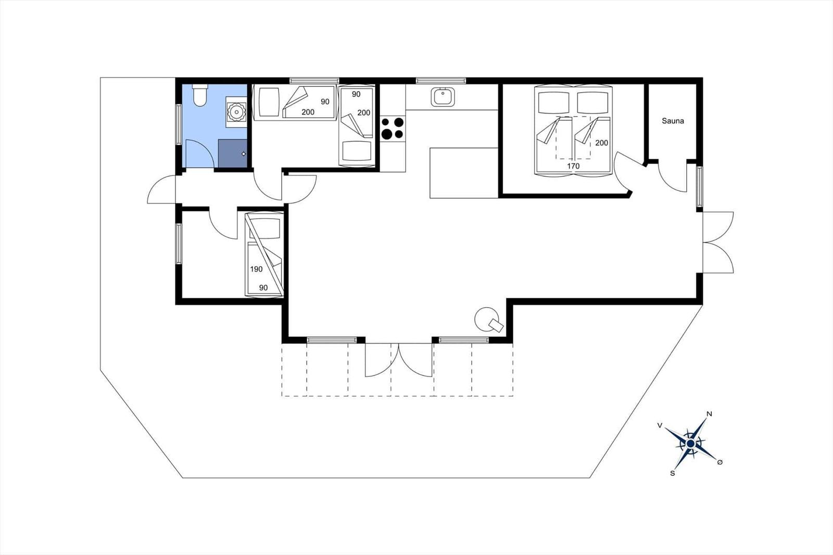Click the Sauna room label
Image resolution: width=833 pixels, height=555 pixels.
click(x=673, y=121)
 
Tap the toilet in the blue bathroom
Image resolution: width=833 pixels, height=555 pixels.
click(x=200, y=95)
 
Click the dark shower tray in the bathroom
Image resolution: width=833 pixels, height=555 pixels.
click(x=233, y=153)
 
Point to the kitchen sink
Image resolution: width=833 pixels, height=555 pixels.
click(x=443, y=97)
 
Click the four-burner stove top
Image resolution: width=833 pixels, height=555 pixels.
click(x=393, y=128)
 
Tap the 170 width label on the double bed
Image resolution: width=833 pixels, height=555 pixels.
click(x=573, y=166)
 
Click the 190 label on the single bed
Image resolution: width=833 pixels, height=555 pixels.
click(x=256, y=269)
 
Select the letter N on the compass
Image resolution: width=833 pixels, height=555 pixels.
click(x=709, y=413)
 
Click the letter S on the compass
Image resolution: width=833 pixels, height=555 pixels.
click(x=672, y=474)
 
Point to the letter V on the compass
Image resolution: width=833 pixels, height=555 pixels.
click(x=660, y=425)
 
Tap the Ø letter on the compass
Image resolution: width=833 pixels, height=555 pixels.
click(x=720, y=462)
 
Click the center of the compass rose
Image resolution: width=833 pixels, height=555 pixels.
click(x=690, y=444)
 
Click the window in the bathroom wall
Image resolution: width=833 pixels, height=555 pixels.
click(x=179, y=124)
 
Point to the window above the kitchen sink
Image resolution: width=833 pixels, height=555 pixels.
click(x=440, y=80)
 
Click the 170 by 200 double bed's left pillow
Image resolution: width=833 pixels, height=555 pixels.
click(x=554, y=102)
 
